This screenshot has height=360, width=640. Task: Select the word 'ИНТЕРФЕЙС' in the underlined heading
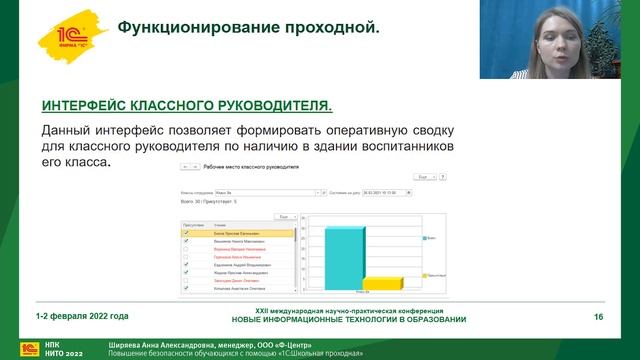click(91, 105)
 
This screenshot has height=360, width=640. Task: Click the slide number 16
click(598, 317)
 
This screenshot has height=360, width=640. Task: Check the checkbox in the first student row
click(187, 232)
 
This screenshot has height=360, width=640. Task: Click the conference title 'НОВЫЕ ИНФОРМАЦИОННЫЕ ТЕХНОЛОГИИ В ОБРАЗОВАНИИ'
click(348, 320)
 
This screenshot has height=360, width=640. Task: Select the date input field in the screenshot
click(373, 191)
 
